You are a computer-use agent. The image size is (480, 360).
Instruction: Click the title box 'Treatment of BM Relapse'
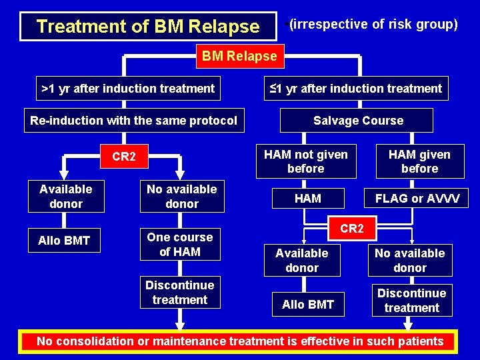tap(147, 27)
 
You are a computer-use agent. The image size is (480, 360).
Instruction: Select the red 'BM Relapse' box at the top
tap(239, 56)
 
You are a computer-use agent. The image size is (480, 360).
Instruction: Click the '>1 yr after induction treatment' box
tap(128, 88)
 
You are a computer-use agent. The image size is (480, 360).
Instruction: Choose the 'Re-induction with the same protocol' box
tap(133, 121)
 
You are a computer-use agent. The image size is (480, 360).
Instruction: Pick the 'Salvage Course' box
tap(358, 121)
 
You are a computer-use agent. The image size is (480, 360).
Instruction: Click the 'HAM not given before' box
tap(306, 161)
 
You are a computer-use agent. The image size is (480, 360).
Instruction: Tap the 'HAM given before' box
tap(419, 161)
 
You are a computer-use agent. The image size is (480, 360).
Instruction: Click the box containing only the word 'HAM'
tap(307, 198)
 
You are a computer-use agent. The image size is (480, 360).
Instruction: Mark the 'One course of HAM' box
tap(179, 244)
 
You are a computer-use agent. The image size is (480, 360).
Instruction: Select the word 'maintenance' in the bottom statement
tap(189, 341)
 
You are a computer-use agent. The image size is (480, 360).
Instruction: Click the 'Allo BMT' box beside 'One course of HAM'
tap(64, 241)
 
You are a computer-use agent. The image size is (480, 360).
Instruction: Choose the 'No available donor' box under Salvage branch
tap(409, 260)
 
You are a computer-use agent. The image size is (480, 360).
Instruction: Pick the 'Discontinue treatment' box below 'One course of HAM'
tap(179, 292)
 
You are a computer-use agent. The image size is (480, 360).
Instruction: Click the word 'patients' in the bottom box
tap(420, 341)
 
